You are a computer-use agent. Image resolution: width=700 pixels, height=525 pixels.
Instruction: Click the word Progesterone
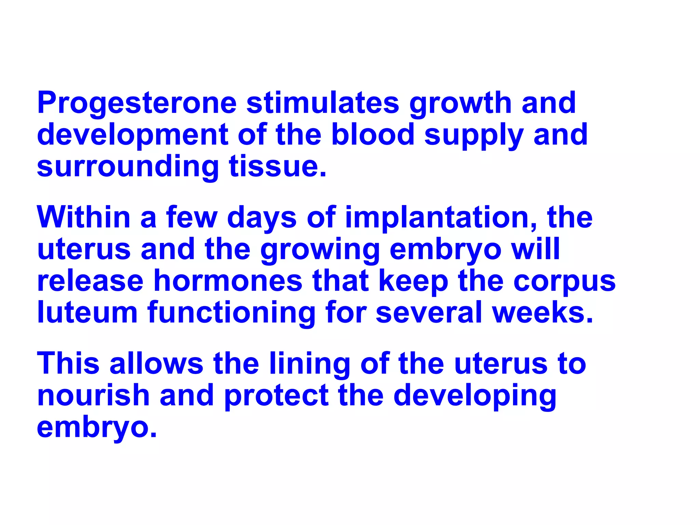[137, 103]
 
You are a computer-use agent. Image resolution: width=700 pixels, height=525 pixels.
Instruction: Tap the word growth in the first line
[460, 103]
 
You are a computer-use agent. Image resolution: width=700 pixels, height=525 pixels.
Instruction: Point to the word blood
[373, 134]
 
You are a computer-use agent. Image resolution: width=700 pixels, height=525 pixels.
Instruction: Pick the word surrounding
[127, 167]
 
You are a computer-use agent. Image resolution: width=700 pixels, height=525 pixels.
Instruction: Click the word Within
[84, 217]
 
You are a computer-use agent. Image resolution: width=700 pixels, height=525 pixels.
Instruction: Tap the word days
[261, 218]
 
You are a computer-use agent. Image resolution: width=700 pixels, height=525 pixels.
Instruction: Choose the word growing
[320, 250]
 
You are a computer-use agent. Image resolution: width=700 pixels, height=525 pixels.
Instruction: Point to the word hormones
[228, 281]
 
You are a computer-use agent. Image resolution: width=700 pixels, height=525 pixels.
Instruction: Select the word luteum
[87, 312]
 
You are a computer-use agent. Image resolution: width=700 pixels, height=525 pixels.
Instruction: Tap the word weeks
[542, 312]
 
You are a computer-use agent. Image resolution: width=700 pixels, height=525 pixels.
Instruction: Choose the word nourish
[93, 395]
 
